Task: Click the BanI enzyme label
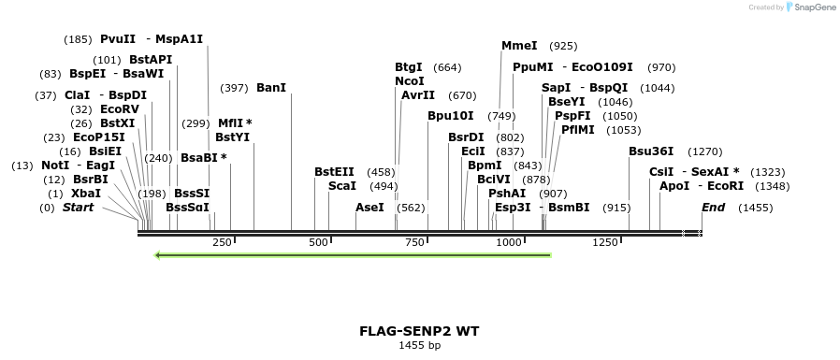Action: click(x=271, y=88)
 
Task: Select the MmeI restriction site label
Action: click(x=519, y=46)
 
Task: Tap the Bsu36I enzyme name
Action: click(x=651, y=151)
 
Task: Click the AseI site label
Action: click(x=369, y=207)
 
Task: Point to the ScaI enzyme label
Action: click(x=342, y=186)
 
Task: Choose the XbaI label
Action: click(x=86, y=193)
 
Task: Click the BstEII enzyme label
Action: click(x=334, y=172)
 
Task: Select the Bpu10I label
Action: click(x=451, y=116)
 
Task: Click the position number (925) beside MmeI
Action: click(x=563, y=46)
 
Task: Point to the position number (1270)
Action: click(x=704, y=151)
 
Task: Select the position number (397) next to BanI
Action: click(x=234, y=88)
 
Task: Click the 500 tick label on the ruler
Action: click(x=318, y=243)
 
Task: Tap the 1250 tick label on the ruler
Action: click(x=605, y=243)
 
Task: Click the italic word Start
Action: click(x=79, y=207)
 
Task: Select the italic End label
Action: click(x=714, y=207)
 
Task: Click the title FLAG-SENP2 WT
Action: click(x=419, y=331)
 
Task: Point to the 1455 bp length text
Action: click(x=419, y=346)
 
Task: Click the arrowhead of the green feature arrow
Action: click(x=159, y=254)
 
